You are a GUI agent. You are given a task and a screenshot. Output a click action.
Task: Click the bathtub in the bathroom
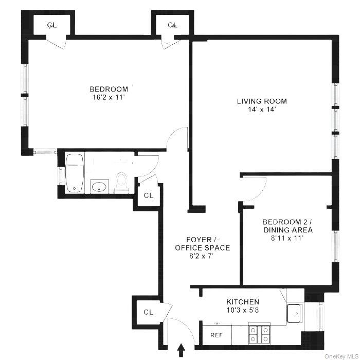click(75, 173)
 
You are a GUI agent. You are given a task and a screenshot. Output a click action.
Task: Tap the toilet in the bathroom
click(122, 182)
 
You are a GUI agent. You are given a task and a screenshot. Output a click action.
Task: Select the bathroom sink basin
click(98, 186)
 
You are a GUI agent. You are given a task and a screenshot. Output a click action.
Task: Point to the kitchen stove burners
click(260, 334)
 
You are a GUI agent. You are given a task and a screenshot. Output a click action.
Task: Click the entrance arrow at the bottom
click(181, 350)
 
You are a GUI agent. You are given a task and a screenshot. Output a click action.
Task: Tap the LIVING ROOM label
click(262, 101)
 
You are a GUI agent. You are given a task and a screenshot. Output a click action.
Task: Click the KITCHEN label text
click(243, 302)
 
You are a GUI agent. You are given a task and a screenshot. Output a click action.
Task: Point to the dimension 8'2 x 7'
click(202, 256)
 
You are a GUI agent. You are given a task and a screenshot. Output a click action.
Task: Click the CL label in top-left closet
click(52, 25)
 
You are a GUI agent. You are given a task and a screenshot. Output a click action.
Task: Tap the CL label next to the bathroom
click(148, 195)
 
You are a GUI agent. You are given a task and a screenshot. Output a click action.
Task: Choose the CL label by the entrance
click(148, 312)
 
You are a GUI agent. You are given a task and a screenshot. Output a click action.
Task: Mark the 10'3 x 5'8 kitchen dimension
click(243, 310)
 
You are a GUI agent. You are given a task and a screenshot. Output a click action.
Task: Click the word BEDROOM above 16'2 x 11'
click(108, 88)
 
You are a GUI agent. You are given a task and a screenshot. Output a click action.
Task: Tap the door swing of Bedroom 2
click(255, 189)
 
